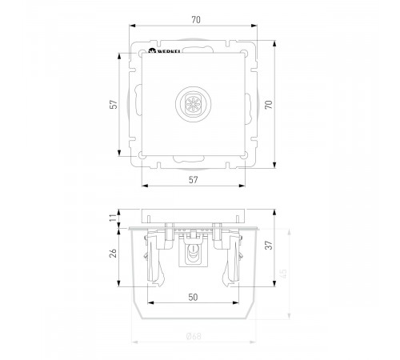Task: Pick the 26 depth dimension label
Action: [x=114, y=253]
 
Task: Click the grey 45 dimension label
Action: [x=282, y=274]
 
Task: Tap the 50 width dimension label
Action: [x=192, y=297]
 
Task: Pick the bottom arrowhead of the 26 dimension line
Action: [x=121, y=286]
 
